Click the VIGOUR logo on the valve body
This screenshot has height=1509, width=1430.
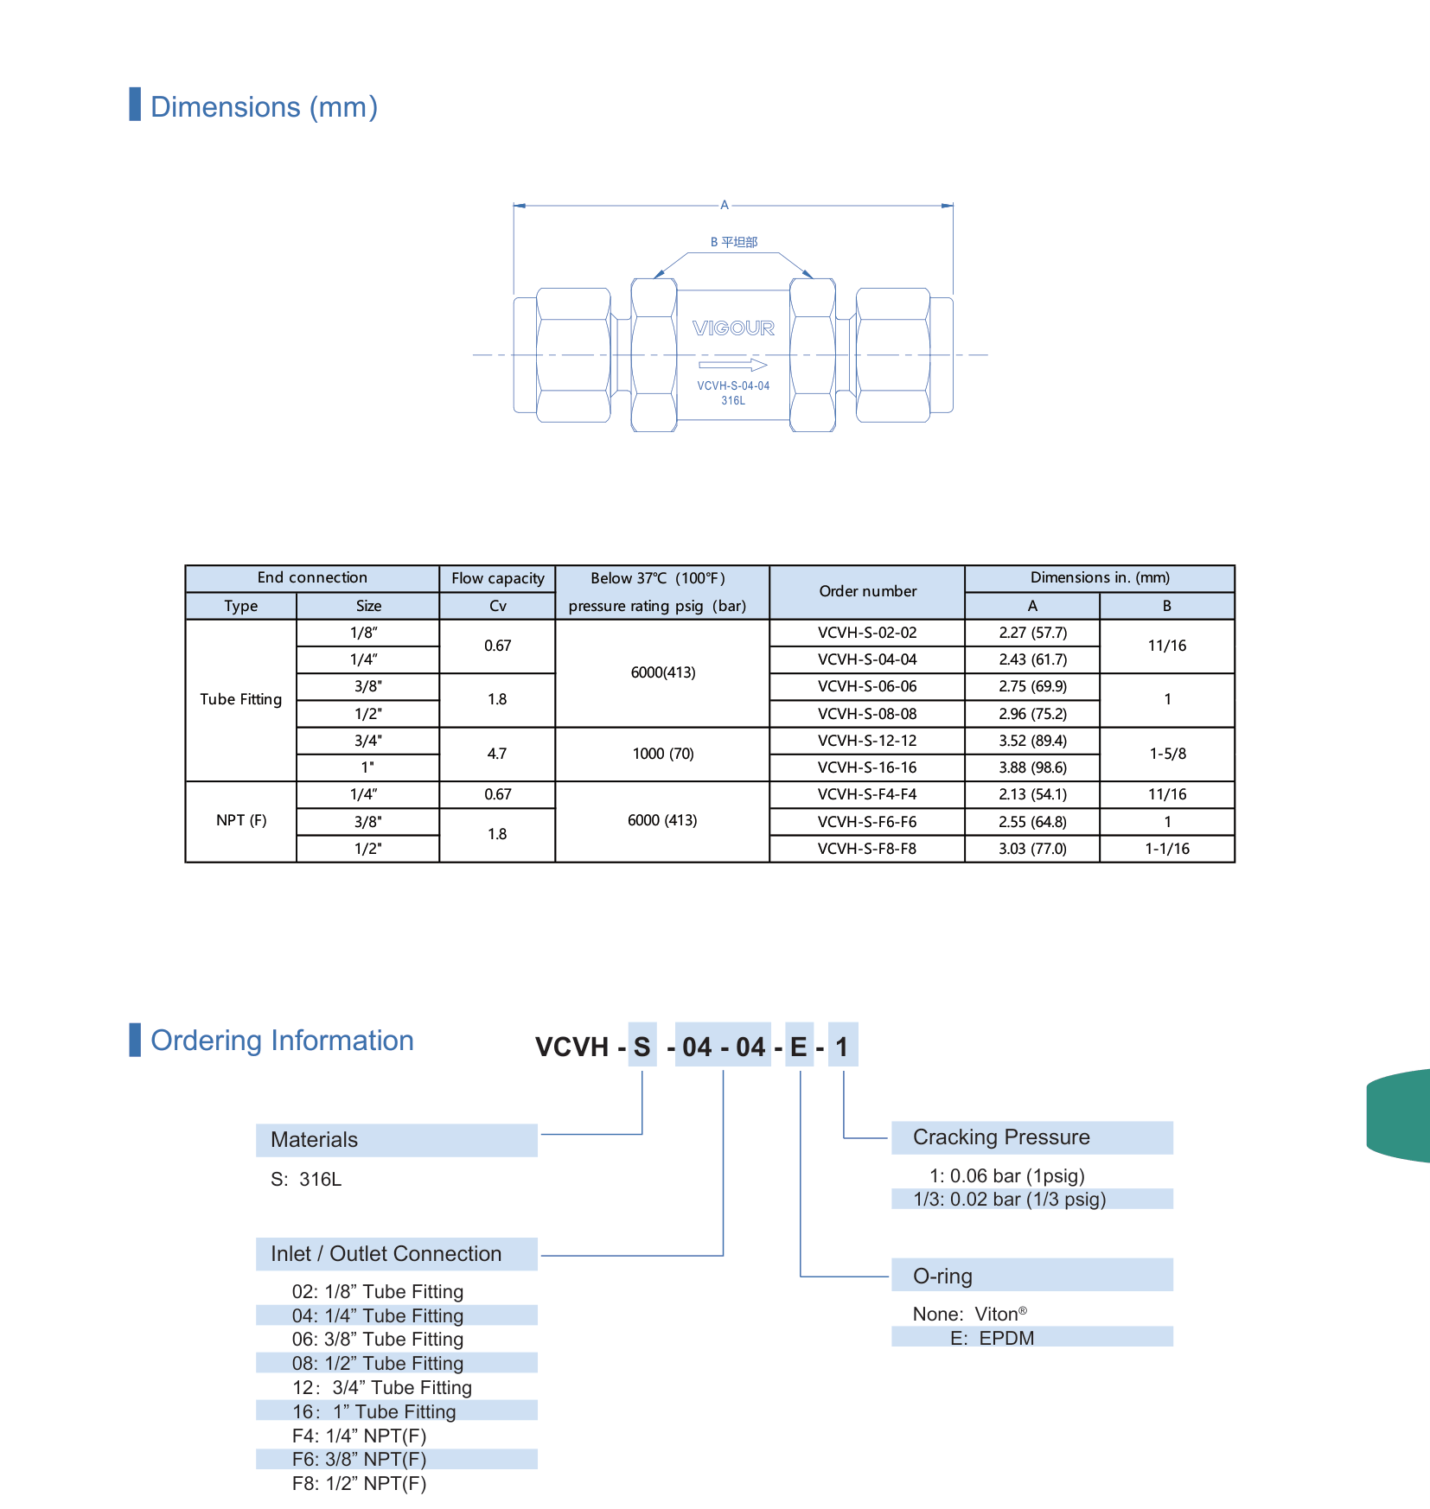(x=733, y=328)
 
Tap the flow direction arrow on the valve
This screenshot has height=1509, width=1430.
(x=733, y=365)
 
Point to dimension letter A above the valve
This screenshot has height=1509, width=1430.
(x=725, y=205)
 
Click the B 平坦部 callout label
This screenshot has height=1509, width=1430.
(x=734, y=242)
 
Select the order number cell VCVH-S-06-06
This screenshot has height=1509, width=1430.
(x=867, y=686)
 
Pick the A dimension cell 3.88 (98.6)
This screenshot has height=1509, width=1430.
(x=1032, y=767)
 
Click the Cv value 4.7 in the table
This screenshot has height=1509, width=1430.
(x=497, y=754)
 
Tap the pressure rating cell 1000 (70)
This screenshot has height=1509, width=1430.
(x=662, y=754)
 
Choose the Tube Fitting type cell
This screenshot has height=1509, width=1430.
(x=241, y=699)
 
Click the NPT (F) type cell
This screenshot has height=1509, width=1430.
(x=241, y=820)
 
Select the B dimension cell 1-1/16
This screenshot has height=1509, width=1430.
(x=1167, y=849)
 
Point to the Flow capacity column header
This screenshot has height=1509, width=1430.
(x=497, y=578)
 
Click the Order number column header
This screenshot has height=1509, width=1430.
(x=867, y=591)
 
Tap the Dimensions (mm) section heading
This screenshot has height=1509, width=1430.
(x=264, y=106)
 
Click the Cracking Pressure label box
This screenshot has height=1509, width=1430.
(x=1032, y=1137)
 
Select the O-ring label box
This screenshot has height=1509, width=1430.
(x=1032, y=1276)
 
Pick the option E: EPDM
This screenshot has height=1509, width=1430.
(x=993, y=1338)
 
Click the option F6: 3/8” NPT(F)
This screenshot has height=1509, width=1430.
(x=360, y=1459)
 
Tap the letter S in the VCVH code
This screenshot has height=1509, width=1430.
(x=642, y=1047)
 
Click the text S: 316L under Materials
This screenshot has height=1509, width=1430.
(x=306, y=1179)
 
